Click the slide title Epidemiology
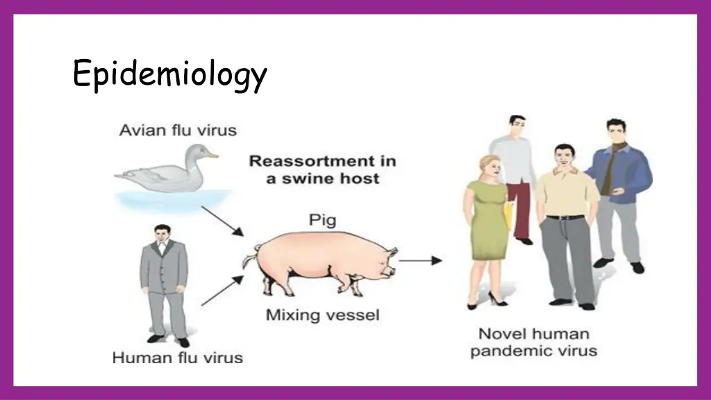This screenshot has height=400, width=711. tap(169, 75)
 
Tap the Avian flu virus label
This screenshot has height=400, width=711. tap(178, 130)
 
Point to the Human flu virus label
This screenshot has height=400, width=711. tap(178, 358)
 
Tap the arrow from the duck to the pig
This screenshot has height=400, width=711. tap(222, 221)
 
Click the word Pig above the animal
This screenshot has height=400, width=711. tap(322, 221)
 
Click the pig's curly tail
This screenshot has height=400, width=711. tap(248, 260)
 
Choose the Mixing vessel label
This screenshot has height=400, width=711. tap(323, 315)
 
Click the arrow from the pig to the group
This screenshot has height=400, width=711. tap(421, 260)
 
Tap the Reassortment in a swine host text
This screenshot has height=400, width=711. tap(323, 169)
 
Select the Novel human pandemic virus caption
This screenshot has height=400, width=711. tap(533, 342)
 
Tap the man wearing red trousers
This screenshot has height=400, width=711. tap(515, 181)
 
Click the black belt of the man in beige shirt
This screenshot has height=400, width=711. tap(566, 217)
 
